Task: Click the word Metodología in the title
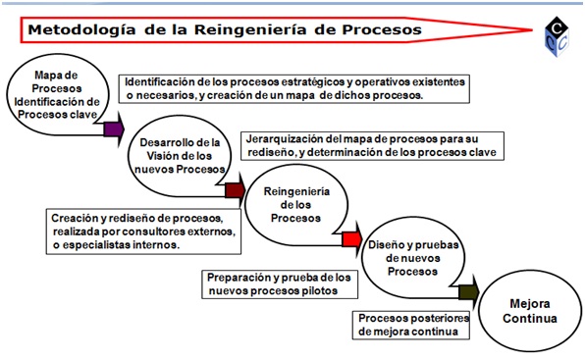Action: click(x=79, y=30)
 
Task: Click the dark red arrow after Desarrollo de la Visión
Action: click(x=235, y=189)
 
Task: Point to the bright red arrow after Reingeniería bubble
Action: click(x=350, y=238)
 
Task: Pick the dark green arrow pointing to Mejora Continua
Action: click(x=467, y=290)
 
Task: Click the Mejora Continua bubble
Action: click(x=534, y=311)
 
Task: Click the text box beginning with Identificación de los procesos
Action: click(x=292, y=87)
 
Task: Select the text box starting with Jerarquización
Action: click(x=374, y=145)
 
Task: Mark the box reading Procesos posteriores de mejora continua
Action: click(x=412, y=325)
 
